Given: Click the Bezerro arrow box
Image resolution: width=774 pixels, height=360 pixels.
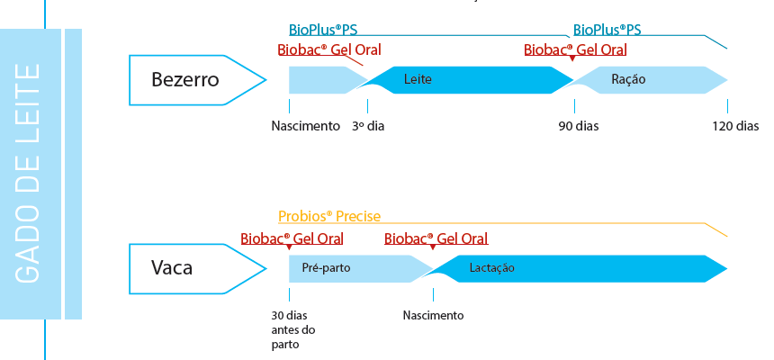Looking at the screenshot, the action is (x=197, y=80).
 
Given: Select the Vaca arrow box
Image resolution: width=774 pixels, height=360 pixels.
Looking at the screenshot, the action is (x=197, y=268).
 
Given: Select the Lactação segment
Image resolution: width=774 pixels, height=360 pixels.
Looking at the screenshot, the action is (x=578, y=268).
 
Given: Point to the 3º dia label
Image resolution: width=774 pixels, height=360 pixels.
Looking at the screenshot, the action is (x=368, y=126).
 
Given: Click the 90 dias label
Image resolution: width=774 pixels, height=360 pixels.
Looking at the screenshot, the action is (x=579, y=126).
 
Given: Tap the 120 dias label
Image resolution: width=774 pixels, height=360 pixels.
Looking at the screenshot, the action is (x=735, y=126).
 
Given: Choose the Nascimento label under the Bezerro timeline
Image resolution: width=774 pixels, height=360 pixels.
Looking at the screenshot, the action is (x=306, y=126).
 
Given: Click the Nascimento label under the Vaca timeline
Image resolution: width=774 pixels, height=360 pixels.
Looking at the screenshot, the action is (x=434, y=315).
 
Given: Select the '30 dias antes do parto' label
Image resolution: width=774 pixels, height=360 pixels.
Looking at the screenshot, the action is (x=293, y=329).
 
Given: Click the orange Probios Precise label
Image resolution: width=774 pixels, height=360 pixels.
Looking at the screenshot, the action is (x=329, y=216).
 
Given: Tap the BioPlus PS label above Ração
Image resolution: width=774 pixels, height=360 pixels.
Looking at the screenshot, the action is (x=607, y=30).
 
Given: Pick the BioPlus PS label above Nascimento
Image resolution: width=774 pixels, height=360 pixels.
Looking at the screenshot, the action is (x=323, y=30).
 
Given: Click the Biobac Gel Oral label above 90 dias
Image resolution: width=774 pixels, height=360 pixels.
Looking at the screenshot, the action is (x=575, y=49).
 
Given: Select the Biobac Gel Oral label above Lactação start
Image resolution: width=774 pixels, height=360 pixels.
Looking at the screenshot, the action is (x=436, y=239).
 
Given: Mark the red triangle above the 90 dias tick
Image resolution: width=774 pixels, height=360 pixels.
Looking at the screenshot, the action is (x=572, y=58).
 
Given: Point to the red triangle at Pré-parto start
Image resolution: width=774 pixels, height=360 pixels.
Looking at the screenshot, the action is (x=289, y=247).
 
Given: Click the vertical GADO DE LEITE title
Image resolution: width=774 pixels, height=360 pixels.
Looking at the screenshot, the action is (x=28, y=174).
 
